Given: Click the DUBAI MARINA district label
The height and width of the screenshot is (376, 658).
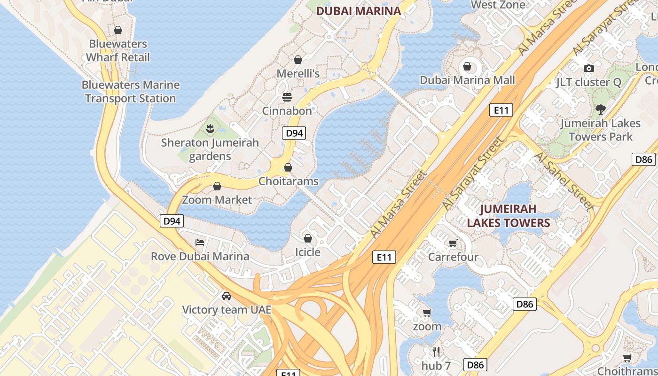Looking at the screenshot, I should pyautogui.click(x=358, y=11).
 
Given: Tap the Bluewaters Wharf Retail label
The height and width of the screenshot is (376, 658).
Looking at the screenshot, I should pyautogui.click(x=118, y=51).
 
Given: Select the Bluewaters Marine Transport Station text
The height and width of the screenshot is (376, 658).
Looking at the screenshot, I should pyautogui.click(x=131, y=92).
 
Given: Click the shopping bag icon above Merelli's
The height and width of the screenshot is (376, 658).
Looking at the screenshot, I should pyautogui.click(x=298, y=60).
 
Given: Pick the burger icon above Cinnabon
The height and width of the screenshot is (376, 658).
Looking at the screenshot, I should pyautogui.click(x=287, y=97).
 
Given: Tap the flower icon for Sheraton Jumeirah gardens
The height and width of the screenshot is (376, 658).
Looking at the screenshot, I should pyautogui.click(x=210, y=128).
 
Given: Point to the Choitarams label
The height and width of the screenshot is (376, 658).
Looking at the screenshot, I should pyautogui.click(x=288, y=181).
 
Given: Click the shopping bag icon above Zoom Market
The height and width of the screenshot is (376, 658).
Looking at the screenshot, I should pyautogui.click(x=217, y=187).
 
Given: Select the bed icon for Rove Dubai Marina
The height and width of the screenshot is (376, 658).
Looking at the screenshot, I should pyautogui.click(x=200, y=243).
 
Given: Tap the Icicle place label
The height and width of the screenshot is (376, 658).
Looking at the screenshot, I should pyautogui.click(x=307, y=252).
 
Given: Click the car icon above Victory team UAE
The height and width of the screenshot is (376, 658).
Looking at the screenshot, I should pyautogui.click(x=227, y=296).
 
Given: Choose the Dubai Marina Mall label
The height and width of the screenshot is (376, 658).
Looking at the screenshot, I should pyautogui.click(x=467, y=80).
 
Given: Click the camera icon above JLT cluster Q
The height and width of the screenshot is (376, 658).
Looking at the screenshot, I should pyautogui.click(x=588, y=69).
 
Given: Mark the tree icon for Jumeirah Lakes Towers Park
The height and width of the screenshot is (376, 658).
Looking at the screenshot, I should pyautogui.click(x=600, y=110).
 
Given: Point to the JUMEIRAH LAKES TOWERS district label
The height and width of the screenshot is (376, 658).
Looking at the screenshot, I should pyautogui.click(x=508, y=215).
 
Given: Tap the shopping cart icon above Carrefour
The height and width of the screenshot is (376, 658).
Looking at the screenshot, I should pyautogui.click(x=453, y=243).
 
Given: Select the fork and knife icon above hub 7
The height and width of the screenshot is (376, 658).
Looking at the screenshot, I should pyautogui.click(x=436, y=352).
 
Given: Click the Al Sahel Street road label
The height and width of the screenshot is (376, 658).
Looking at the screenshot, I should pyautogui.click(x=564, y=180).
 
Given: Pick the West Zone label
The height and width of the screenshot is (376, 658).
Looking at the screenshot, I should pyautogui.click(x=498, y=5).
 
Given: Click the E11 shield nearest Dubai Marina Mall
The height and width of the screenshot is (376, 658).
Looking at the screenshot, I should pyautogui.click(x=501, y=110).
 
